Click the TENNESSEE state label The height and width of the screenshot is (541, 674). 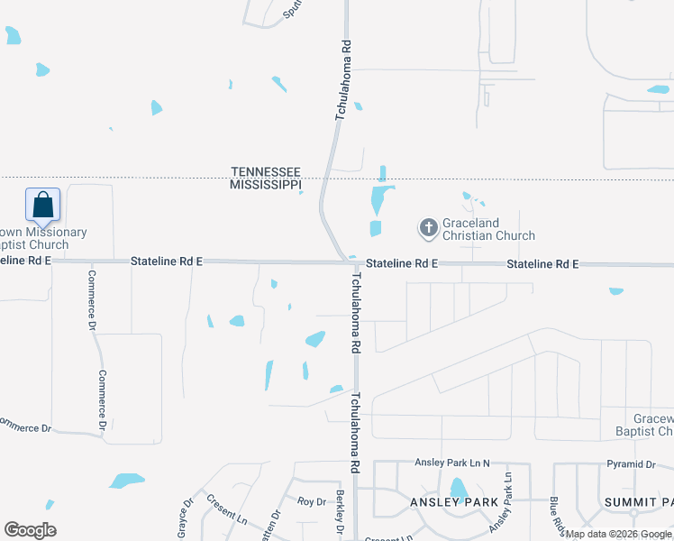265,171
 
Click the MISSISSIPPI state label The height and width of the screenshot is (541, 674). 265,184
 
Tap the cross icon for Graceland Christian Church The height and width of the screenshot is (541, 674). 428,228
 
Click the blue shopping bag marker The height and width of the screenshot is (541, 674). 43,205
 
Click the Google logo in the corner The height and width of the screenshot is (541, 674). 30,530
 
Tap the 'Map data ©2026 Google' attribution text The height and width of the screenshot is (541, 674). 618,534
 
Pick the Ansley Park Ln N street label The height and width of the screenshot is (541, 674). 451,463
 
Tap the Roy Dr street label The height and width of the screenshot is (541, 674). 311,501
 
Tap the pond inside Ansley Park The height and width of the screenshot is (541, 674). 458,489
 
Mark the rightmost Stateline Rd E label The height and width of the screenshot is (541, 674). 542,264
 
